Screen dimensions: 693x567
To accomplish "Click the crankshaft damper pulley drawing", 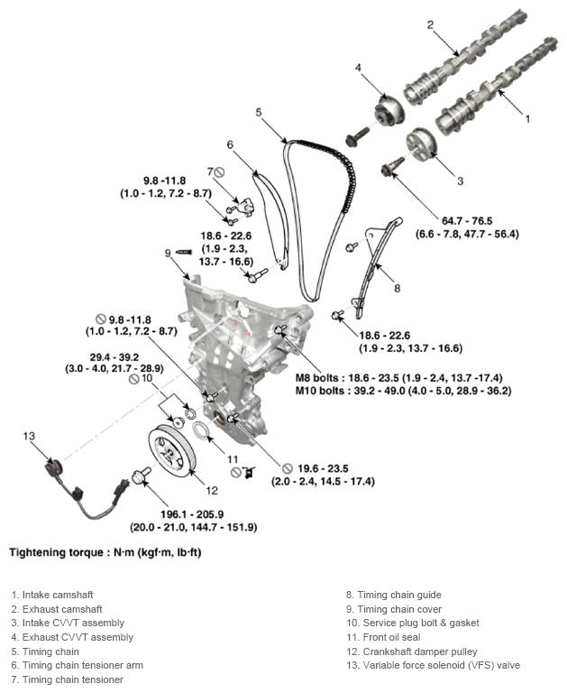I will pyautogui.click(x=171, y=450).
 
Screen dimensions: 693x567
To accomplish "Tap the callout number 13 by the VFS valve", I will pyautogui.click(x=29, y=436).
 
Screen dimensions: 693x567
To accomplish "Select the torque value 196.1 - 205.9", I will pyautogui.click(x=206, y=513).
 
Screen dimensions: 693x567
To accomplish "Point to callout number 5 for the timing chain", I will pyautogui.click(x=258, y=113).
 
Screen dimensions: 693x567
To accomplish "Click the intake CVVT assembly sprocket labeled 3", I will pyautogui.click(x=417, y=144).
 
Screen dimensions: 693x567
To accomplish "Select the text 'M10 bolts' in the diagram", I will pyautogui.click(x=322, y=391).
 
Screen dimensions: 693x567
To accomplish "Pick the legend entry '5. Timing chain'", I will pyautogui.click(x=45, y=651).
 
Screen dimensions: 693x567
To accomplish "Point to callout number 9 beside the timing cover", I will pyautogui.click(x=167, y=253).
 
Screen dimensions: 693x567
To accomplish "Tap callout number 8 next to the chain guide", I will pyautogui.click(x=396, y=289).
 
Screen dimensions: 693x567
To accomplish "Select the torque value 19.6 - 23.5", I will pyautogui.click(x=315, y=468).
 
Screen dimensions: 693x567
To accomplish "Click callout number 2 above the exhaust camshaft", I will pyautogui.click(x=430, y=24).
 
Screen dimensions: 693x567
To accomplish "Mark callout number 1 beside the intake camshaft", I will pyautogui.click(x=528, y=117).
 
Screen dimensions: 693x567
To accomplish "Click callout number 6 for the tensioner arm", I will pyautogui.click(x=230, y=144).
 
